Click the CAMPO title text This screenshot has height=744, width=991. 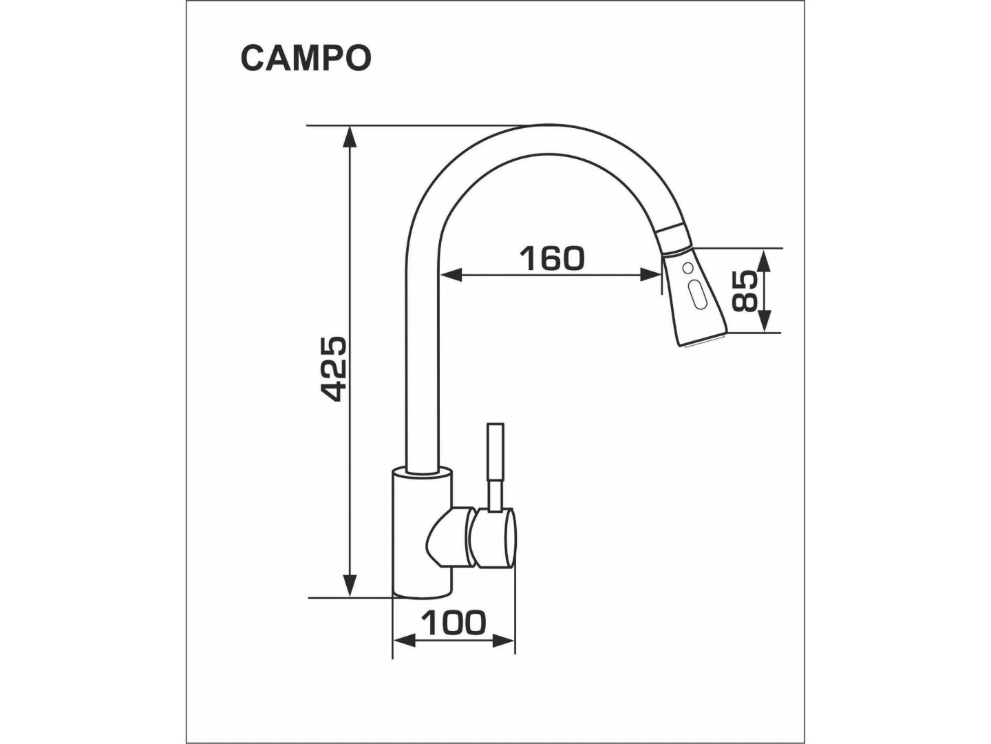(x=306, y=59)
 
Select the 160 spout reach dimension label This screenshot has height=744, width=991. (x=552, y=258)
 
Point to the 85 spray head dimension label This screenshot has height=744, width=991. (x=743, y=291)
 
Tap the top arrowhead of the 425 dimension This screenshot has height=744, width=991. (x=350, y=137)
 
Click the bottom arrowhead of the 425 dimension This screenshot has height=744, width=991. (x=350, y=586)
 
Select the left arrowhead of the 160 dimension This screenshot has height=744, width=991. (x=451, y=275)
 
